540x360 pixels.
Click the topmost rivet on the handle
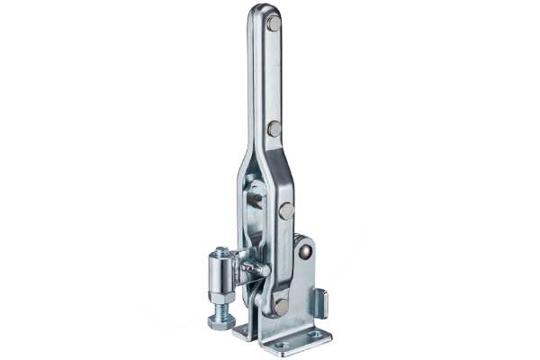pyautogui.click(x=274, y=23)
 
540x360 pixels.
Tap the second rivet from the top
pyautogui.click(x=274, y=129)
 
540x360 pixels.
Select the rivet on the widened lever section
pyautogui.click(x=286, y=211)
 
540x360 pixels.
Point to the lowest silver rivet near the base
pyautogui.click(x=281, y=306)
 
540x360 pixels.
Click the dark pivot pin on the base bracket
pyautogui.click(x=307, y=253)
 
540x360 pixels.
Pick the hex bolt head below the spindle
pyautogui.click(x=222, y=320)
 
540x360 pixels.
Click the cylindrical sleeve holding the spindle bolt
pyautogui.click(x=221, y=270)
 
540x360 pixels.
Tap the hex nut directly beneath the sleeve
pyautogui.click(x=221, y=294)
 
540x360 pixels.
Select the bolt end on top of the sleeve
pyautogui.click(x=220, y=250)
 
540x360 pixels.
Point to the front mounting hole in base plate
pyautogui.click(x=282, y=345)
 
